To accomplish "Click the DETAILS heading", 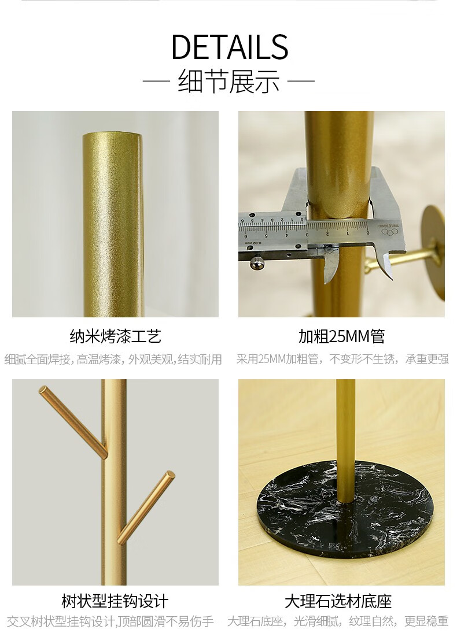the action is (230, 47).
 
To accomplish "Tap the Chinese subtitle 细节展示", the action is (229, 82).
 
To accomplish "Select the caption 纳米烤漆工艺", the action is (116, 336).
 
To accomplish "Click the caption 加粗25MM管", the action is (341, 336).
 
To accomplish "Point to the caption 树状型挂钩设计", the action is (115, 601).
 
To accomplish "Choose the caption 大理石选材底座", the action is (338, 601).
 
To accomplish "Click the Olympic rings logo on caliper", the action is (389, 232).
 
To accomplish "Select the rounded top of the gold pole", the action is (113, 135).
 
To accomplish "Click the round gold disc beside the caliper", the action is (434, 252).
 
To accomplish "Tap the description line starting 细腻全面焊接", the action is (113, 360).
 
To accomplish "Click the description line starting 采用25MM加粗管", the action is (342, 360).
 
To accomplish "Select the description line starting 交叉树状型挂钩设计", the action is (110, 621).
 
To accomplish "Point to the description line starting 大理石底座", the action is (338, 621).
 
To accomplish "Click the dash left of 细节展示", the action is (156, 81).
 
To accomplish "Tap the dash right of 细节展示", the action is (301, 81).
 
